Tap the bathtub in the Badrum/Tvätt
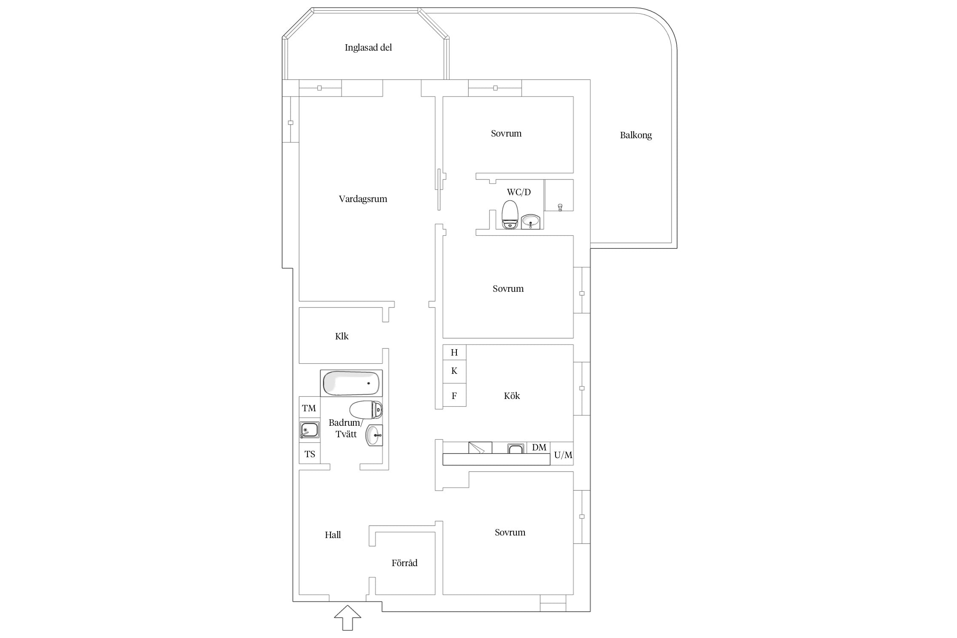tap(351, 383)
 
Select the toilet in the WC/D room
tap(510, 215)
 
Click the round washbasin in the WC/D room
tap(530, 221)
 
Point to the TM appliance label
tap(309, 408)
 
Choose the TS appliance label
tap(310, 454)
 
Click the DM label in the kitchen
tap(539, 447)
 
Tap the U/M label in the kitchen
tap(563, 455)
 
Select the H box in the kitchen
tap(454, 352)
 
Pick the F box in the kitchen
tap(454, 395)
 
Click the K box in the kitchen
tap(454, 371)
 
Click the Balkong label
tap(636, 135)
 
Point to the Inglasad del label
tap(368, 48)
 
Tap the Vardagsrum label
tap(363, 199)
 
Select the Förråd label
tap(404, 563)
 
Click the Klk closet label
tap(342, 336)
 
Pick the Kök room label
tap(512, 396)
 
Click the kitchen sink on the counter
tap(516, 449)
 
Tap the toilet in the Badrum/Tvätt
tap(366, 410)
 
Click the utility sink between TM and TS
tap(309, 430)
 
